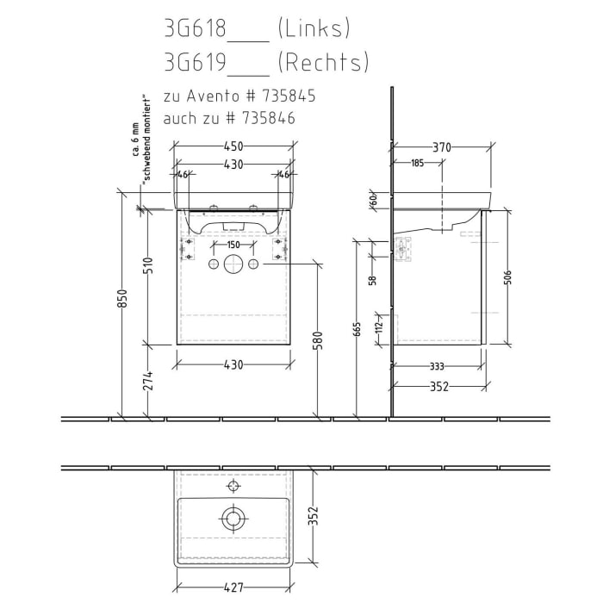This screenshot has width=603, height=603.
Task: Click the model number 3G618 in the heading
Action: (194, 29)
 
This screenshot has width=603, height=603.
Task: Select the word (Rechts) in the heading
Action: (324, 63)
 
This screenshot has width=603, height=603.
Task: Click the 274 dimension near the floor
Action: (147, 379)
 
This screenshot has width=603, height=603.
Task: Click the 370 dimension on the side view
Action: (441, 146)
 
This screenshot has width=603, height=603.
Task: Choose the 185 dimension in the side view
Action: (417, 163)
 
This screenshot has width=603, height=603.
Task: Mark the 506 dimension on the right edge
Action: (508, 278)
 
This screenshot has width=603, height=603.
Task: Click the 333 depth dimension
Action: (435, 365)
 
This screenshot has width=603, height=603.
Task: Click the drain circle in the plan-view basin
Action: (233, 518)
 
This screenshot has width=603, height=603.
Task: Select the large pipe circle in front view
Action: (233, 264)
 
